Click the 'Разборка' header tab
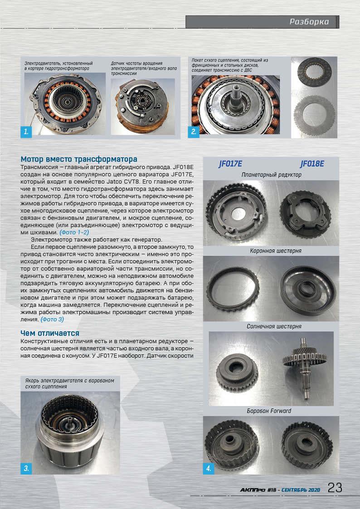pyautogui.click(x=309, y=22)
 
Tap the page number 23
pyautogui.click(x=335, y=488)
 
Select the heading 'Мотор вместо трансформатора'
pyautogui.click(x=79, y=160)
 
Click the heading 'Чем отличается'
pyautogui.click(x=50, y=334)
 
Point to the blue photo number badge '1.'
pyautogui.click(x=26, y=132)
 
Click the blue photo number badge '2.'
pyautogui.click(x=194, y=132)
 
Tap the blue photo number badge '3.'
pyautogui.click(x=26, y=468)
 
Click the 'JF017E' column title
pyautogui.click(x=231, y=164)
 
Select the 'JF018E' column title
pyautogui.click(x=312, y=164)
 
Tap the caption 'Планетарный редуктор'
pyautogui.click(x=272, y=175)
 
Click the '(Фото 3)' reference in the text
pyautogui.click(x=52, y=319)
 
